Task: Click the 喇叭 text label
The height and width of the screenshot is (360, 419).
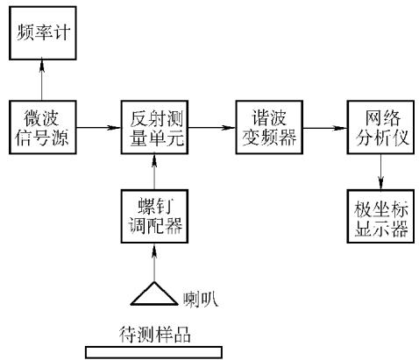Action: click(201, 300)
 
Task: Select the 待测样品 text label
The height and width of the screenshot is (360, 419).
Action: click(154, 334)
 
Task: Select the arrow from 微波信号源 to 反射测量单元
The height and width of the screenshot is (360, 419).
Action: click(99, 127)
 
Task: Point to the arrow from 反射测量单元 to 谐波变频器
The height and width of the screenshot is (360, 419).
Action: click(212, 127)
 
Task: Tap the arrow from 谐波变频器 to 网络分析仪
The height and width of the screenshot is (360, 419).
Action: click(325, 128)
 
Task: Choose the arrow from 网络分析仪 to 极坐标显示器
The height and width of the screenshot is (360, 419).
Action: click(380, 172)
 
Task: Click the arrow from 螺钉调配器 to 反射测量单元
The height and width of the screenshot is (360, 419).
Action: click(154, 172)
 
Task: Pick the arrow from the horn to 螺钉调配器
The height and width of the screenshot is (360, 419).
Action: click(154, 262)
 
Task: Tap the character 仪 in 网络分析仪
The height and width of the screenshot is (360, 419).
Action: click(400, 137)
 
